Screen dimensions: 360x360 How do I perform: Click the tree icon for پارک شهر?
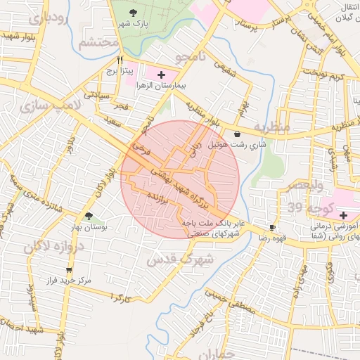coord(134,13)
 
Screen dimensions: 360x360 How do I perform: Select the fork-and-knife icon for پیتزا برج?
coord(120,60)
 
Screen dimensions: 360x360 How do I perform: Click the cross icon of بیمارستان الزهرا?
coord(162,74)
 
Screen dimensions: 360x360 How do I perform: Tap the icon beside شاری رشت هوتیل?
coord(237,134)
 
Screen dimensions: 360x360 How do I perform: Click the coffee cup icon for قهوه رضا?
coord(273,228)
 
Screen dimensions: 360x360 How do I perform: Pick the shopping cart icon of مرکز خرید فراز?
coord(68,270)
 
